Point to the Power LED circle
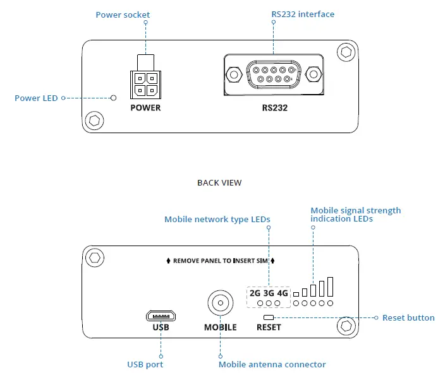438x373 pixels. click(x=114, y=98)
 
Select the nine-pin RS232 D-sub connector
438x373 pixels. click(x=274, y=74)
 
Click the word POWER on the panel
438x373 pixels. click(x=145, y=108)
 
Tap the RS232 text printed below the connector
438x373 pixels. click(x=275, y=108)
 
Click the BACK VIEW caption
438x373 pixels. click(x=219, y=182)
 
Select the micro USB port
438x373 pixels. click(x=161, y=315)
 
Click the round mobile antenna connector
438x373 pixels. click(x=220, y=304)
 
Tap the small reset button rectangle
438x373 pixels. click(x=269, y=317)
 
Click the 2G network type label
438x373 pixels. click(x=255, y=293)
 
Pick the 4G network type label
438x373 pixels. click(x=283, y=293)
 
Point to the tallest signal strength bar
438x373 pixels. click(x=330, y=287)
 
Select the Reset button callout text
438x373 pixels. click(x=408, y=317)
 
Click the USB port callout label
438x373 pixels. click(x=145, y=364)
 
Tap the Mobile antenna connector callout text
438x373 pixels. click(x=272, y=364)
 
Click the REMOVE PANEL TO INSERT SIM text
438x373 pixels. click(x=220, y=260)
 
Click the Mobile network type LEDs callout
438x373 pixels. click(x=217, y=220)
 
